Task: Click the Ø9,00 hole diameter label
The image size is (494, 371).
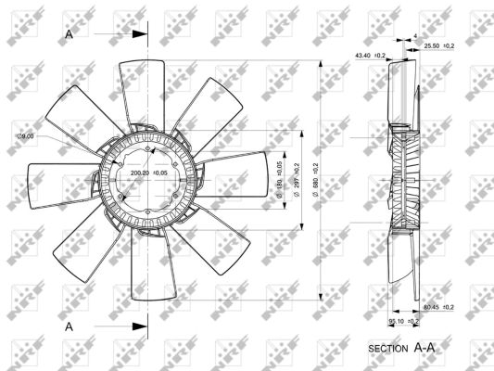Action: [25, 136]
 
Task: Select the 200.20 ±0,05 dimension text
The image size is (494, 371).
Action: [149, 173]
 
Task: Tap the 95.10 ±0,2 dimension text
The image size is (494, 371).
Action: [403, 321]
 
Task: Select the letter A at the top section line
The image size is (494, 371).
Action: [70, 34]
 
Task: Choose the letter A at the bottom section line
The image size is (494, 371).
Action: [70, 326]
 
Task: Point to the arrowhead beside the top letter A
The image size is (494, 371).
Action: [140, 34]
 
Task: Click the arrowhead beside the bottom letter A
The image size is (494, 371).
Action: [140, 326]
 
